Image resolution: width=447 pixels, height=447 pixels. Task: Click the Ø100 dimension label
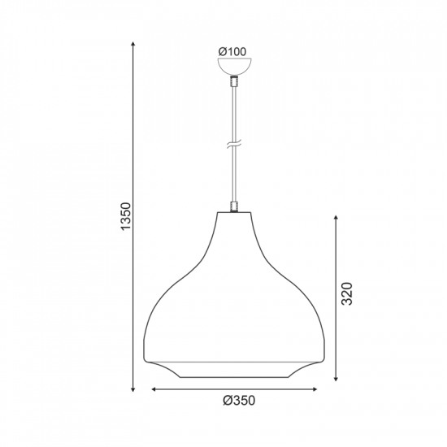coord(232,52)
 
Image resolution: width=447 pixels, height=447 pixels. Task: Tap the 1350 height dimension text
coord(126,216)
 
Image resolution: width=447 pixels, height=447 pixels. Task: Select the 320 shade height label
coord(347,294)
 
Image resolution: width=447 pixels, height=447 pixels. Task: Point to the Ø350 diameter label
coord(239,401)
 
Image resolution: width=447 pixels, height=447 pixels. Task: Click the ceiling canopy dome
coord(235,66)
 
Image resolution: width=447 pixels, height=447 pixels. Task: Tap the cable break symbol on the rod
coord(234,144)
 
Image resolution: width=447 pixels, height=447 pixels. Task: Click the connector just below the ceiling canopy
coord(234,81)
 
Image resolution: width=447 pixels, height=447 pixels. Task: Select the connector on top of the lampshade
coord(234,206)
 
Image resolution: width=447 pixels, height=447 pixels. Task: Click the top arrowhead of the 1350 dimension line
coord(132,44)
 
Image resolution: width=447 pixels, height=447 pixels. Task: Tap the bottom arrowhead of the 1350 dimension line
coord(132,389)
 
